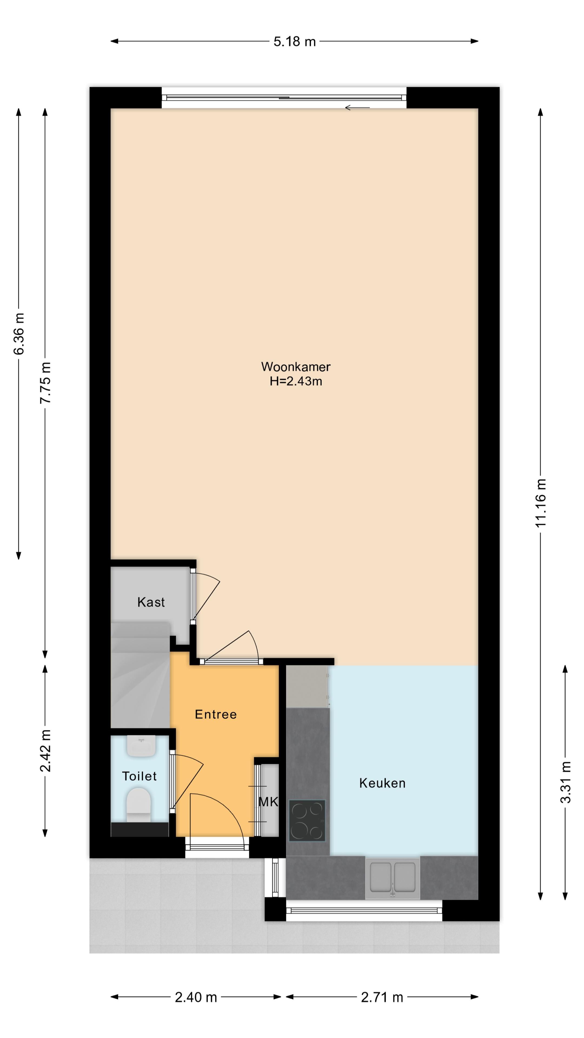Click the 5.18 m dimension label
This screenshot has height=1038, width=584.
[x=295, y=42]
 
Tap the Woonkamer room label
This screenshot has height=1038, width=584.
[x=296, y=367]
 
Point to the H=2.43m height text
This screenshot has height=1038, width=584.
[x=296, y=381]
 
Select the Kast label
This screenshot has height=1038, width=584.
[x=151, y=602]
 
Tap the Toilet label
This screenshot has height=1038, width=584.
[x=140, y=776]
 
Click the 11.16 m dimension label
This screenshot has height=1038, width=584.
[x=540, y=503]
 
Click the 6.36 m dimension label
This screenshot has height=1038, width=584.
[x=19, y=334]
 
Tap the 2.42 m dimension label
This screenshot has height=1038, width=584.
[x=45, y=750]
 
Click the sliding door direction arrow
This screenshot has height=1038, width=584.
[x=357, y=108]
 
